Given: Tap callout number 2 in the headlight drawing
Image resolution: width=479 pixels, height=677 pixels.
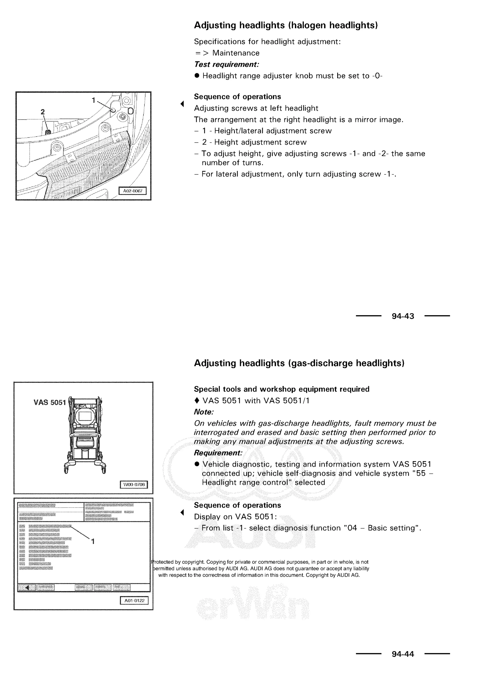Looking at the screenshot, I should tap(43, 112).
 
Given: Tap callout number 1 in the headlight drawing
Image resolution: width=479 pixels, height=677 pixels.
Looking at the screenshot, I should tap(94, 100).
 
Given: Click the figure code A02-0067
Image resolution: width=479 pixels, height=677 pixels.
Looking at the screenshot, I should tap(132, 191).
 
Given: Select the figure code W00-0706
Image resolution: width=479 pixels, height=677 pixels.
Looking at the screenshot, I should tap(134, 484).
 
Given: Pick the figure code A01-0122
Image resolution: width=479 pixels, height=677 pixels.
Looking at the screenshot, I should tap(134, 600).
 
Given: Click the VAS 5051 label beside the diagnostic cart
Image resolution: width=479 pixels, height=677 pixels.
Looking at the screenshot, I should tap(49, 403).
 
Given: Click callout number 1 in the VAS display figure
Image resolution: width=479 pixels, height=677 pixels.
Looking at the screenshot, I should tap(93, 541).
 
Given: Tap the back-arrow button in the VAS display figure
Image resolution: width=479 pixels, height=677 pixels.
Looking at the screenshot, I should tap(27, 587).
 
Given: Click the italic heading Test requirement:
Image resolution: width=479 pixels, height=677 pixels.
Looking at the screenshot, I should tap(226, 64).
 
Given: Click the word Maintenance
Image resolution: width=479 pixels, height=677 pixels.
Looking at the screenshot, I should tap(236, 53).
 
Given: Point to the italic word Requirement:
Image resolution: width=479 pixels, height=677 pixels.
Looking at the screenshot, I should tap(218, 453).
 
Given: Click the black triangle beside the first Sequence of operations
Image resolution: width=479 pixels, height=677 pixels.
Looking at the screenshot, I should tap(182, 104).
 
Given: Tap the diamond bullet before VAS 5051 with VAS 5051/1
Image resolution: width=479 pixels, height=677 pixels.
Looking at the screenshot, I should tap(197, 401).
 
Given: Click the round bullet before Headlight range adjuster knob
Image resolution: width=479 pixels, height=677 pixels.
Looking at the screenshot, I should tap(197, 76).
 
